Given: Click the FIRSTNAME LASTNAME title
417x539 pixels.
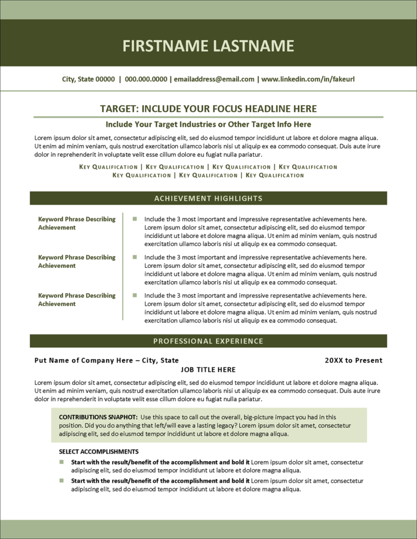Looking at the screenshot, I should tap(208, 46).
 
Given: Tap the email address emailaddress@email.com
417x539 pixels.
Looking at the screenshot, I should tap(214, 79).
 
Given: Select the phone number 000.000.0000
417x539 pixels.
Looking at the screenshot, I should tap(146, 79).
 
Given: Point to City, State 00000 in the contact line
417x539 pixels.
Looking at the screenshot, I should tap(88, 79).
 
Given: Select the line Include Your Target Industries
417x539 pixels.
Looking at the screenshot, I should tap(208, 125).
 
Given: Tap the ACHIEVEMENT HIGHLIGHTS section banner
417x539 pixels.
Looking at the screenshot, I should tap(208, 198).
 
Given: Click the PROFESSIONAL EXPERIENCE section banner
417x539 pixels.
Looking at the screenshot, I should tap(208, 341).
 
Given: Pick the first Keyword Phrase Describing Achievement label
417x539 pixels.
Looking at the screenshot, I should tap(76, 223).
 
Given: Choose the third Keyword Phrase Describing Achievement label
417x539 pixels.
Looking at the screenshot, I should tap(76, 300).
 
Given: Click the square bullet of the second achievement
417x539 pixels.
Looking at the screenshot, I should tap(135, 257).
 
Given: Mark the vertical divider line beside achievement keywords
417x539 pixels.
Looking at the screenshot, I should tap(123, 266).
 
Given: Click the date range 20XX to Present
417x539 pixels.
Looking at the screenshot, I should tap(353, 361).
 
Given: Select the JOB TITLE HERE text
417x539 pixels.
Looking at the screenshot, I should tap(208, 370).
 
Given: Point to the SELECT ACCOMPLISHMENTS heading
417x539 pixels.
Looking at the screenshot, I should tap(99, 452).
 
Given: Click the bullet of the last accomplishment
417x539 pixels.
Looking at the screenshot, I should tap(62, 481).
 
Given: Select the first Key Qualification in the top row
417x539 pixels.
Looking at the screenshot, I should tap(109, 167).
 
